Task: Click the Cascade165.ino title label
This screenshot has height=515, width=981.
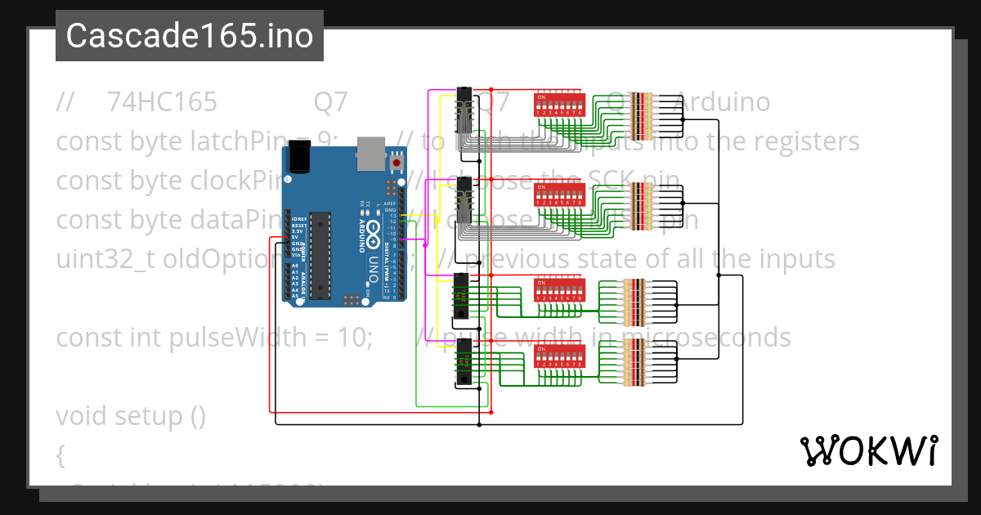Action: pyautogui.click(x=189, y=36)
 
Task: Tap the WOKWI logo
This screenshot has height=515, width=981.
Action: pyautogui.click(x=868, y=451)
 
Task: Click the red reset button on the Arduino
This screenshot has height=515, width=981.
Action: pyautogui.click(x=397, y=163)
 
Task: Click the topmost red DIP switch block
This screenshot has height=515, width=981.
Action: pyautogui.click(x=558, y=105)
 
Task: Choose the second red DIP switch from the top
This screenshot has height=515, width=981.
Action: pyautogui.click(x=558, y=195)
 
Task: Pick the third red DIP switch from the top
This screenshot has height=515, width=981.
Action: pyautogui.click(x=558, y=290)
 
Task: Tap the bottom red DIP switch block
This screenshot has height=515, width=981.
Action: pyautogui.click(x=558, y=356)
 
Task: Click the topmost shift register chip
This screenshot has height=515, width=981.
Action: pyautogui.click(x=465, y=109)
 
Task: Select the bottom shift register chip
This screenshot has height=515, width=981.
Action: pyautogui.click(x=463, y=363)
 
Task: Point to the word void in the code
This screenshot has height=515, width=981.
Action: pyautogui.click(x=82, y=416)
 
